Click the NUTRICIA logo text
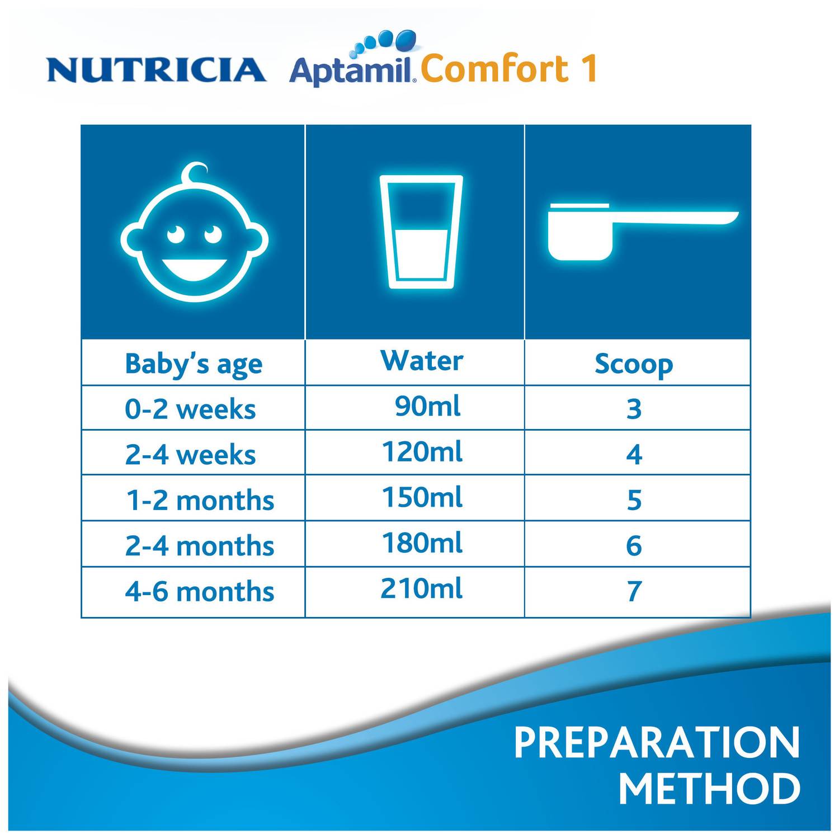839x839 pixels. pos(156,70)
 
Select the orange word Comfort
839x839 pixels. pos(487,69)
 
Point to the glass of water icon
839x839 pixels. pos(421,232)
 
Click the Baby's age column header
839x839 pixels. pos(194,364)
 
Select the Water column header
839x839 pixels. pos(422,361)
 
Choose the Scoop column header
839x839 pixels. pos(634,364)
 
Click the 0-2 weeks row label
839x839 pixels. pos(190,409)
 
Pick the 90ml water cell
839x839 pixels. pos(427,406)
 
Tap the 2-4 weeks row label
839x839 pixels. pos(190,455)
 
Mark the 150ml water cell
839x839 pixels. pos(422,497)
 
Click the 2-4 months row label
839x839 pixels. pos(200,546)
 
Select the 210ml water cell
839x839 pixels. pos(422,589)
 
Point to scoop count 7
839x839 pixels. pos(634,592)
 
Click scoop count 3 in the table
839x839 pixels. pos(634,409)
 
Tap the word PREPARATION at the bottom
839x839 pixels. pos(657,743)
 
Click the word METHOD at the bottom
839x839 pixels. pos(709,789)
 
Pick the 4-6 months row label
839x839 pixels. pos(200,592)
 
